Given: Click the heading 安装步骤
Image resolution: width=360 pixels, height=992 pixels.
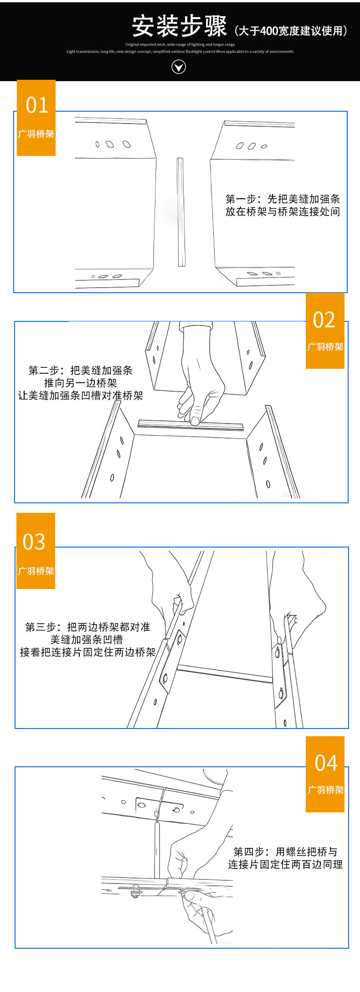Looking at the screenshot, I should click(x=179, y=26).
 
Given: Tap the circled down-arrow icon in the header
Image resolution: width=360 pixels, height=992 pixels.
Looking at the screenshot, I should click(x=179, y=67).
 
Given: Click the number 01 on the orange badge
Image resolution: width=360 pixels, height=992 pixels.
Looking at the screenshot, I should click(x=37, y=105).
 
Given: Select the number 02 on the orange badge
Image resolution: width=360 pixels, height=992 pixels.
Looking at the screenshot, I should click(x=324, y=320).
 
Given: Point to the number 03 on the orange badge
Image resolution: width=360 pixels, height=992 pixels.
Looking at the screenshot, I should click(x=34, y=542).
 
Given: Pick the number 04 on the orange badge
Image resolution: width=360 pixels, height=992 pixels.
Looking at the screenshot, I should click(x=326, y=763).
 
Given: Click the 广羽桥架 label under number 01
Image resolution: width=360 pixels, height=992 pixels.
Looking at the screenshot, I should click(x=36, y=134).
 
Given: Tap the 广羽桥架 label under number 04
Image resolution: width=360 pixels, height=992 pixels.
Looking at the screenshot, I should click(x=325, y=790).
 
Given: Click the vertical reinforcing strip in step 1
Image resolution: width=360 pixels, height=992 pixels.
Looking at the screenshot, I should click(x=180, y=212).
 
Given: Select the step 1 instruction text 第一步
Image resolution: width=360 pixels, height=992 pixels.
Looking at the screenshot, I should click(x=283, y=205).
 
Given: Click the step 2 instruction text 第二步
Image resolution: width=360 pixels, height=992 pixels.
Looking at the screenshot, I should click(x=81, y=383).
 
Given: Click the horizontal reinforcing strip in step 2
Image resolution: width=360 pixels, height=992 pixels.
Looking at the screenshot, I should click(x=190, y=426).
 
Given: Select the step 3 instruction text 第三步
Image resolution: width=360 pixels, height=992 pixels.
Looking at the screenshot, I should click(x=87, y=640).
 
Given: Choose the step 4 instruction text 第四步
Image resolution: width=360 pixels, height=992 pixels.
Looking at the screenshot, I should click(x=285, y=858).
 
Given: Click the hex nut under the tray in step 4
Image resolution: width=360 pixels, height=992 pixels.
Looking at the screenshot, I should click(x=135, y=894).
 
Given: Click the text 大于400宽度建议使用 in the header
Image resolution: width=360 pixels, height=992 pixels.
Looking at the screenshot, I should click(x=292, y=31).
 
